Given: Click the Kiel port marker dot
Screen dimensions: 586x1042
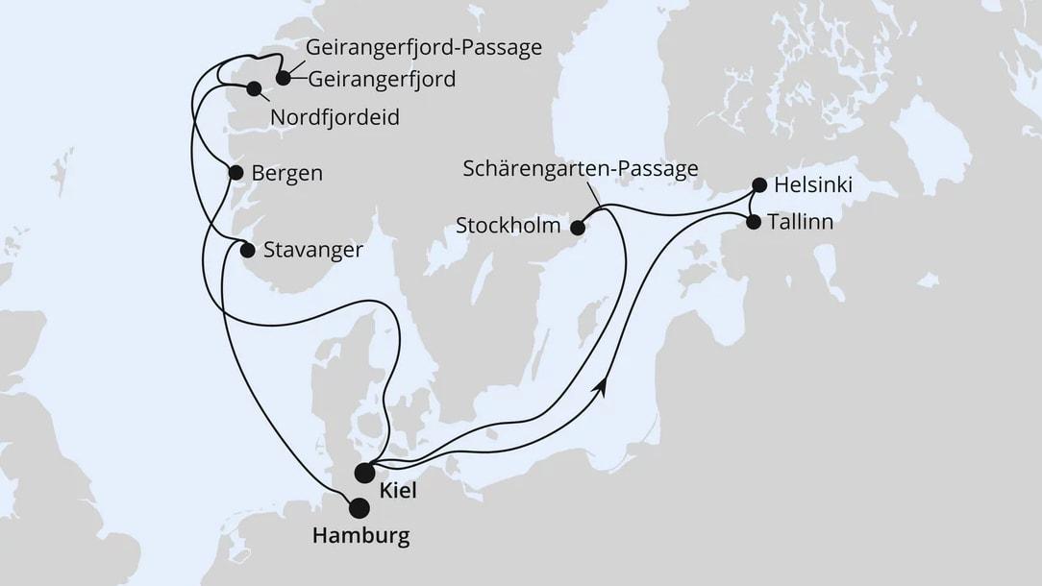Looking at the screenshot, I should pos(364,473).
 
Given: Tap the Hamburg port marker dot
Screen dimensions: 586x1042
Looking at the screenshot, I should pos(359,507).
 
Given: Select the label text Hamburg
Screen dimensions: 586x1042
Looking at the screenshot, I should pos(360,536).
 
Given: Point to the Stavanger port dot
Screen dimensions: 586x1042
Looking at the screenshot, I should pos(247,251).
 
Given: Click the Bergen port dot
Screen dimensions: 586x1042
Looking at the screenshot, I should pos(236,173).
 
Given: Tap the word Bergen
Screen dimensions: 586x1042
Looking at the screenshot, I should pos(286,174).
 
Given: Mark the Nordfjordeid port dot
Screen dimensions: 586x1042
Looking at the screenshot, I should pos(254,89).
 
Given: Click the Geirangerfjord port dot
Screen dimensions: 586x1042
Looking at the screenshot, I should pos(283,78).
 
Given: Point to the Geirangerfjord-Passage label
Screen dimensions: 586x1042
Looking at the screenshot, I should pos(424,47).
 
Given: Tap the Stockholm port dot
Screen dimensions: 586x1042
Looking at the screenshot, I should pos(578,228).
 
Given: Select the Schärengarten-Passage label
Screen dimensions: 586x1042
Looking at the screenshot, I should pos(581,169).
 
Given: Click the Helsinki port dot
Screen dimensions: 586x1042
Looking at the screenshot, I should pos(758,184).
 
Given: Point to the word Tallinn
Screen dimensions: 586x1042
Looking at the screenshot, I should pos(802,222).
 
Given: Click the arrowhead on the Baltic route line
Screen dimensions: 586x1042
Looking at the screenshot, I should pos(604,383).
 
